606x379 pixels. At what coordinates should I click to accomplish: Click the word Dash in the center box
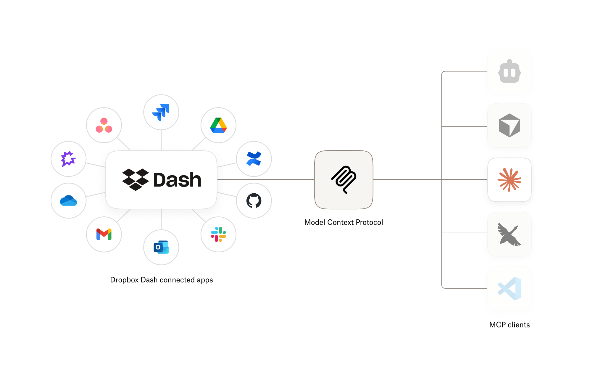click(x=177, y=180)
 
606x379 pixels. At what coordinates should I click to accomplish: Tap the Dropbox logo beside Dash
click(x=136, y=179)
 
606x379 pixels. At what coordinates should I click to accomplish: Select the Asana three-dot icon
click(x=104, y=125)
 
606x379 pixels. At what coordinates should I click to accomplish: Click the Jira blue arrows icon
click(x=161, y=112)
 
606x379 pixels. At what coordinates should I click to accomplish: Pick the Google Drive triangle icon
click(x=218, y=125)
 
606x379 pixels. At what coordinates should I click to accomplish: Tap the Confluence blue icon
click(x=254, y=159)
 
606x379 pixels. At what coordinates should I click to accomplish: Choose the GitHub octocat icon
click(x=254, y=201)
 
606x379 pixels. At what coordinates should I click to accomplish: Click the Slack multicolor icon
click(x=218, y=234)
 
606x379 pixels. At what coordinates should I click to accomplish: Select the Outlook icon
click(x=161, y=247)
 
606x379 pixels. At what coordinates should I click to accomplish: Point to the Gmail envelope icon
click(x=104, y=234)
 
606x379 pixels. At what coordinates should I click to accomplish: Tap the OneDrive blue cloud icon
click(x=68, y=201)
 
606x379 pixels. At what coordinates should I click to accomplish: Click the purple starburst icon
click(x=68, y=159)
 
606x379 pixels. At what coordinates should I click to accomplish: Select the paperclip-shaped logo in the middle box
click(x=344, y=180)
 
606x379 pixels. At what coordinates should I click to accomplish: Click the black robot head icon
click(x=509, y=71)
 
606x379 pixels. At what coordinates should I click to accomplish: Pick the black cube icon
click(x=509, y=126)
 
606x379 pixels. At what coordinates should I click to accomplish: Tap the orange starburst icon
click(x=509, y=180)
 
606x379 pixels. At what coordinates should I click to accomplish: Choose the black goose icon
click(x=509, y=234)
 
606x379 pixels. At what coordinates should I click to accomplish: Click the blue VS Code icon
click(x=509, y=288)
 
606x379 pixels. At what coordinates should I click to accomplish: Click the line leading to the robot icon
click(x=465, y=71)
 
